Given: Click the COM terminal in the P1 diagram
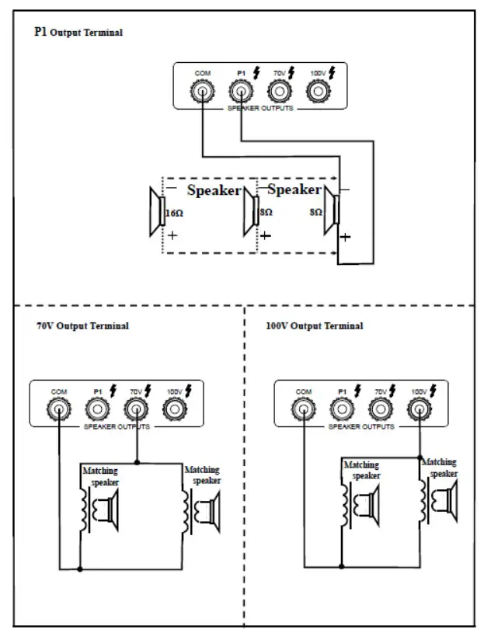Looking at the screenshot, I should (202, 93).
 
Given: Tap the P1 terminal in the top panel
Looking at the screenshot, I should (241, 93).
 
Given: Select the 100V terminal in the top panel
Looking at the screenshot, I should (316, 93).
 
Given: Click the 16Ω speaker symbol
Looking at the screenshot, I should (156, 210).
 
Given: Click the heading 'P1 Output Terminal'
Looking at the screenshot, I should (78, 33).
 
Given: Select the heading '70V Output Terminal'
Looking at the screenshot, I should (82, 326).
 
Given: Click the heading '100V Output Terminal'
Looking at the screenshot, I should (314, 326).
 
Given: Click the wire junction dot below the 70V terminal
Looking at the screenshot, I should (137, 462).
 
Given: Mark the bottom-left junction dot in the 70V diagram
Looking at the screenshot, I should (80, 569).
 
